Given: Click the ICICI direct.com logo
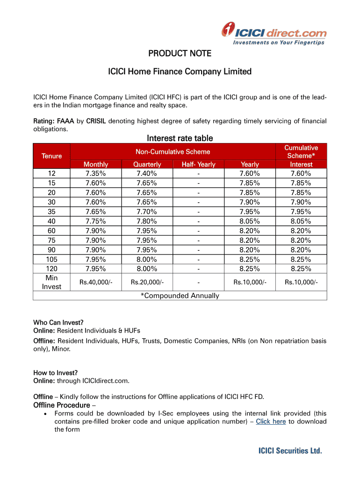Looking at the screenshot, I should point(274,34).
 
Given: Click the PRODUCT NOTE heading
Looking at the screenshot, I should point(180,54).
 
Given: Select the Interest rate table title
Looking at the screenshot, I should point(180,138).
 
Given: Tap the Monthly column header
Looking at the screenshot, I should point(96,164).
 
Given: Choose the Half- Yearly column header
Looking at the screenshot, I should point(199,164).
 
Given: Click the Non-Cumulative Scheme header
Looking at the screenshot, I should point(173,152).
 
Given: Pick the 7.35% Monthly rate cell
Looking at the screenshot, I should point(96,174).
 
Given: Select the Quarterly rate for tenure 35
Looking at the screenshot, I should point(147,211).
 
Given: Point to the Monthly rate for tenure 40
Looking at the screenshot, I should point(96,221).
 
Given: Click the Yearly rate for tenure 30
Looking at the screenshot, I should point(250,202).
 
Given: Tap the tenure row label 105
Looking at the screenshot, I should point(51,259).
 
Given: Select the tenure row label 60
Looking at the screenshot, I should point(51,231).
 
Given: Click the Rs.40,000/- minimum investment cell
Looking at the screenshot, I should point(96,282).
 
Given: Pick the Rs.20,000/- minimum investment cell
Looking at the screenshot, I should point(147,282).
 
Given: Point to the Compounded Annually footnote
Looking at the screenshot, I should point(180,296).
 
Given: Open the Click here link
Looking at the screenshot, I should point(271,421).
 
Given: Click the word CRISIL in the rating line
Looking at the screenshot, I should point(96,121).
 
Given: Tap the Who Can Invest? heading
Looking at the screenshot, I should point(58,322).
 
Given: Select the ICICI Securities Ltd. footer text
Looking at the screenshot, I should point(290,451).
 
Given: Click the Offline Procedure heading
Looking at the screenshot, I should point(62,405).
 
